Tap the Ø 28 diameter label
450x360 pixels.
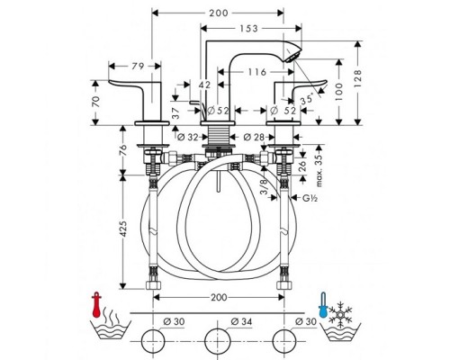(255, 138)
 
